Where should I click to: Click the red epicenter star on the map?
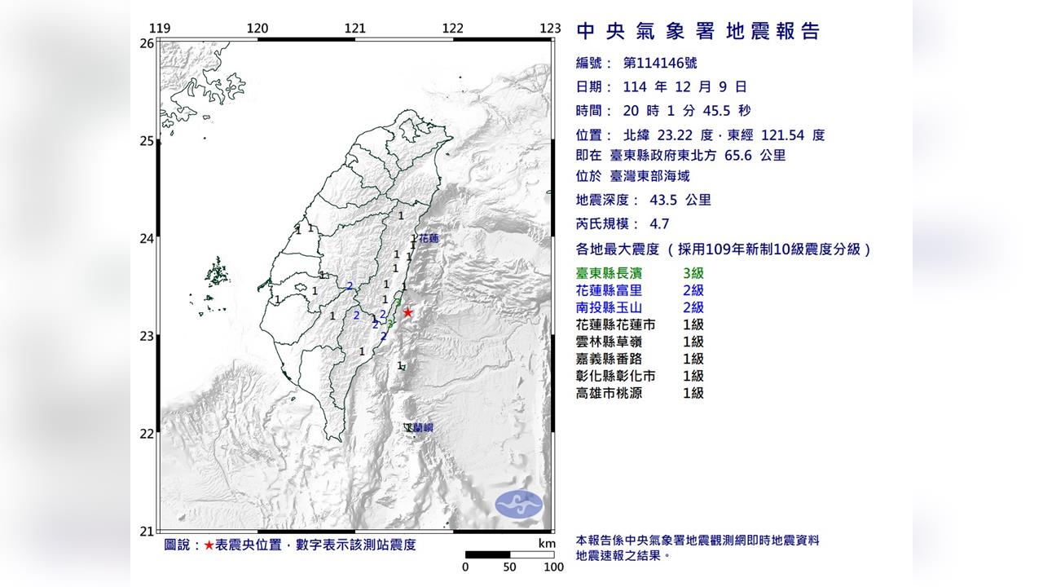[x=407, y=312]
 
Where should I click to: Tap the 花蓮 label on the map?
[x=429, y=239]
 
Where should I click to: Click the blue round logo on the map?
[x=519, y=503]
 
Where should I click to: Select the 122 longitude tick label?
[x=452, y=29]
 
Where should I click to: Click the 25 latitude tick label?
[x=147, y=141]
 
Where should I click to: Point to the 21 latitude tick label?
[x=147, y=532]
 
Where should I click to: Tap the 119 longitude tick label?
[x=161, y=29]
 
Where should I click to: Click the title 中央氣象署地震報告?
[x=698, y=32]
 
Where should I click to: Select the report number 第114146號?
[x=659, y=63]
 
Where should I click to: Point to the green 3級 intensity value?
[x=693, y=273]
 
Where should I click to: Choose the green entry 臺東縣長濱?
[x=616, y=273]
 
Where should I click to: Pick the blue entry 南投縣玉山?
[x=616, y=307]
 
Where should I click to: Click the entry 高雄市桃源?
[x=616, y=393]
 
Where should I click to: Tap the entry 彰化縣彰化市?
[x=616, y=376]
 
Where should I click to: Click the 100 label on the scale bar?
[x=553, y=567]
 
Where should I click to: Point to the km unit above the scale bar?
[x=547, y=544]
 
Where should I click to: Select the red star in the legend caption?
[x=209, y=545]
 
